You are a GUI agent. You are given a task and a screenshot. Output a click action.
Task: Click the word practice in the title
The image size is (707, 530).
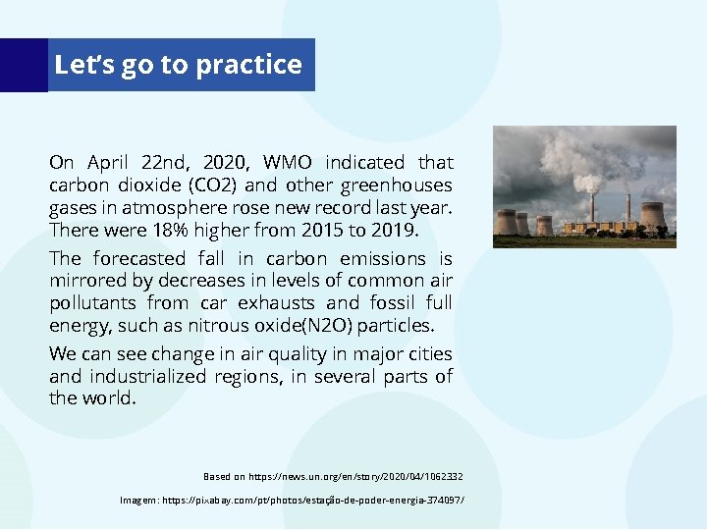tap(248, 65)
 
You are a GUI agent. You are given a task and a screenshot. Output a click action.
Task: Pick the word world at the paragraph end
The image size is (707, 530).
tap(111, 398)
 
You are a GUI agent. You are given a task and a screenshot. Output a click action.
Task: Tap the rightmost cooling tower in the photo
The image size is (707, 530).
tap(652, 216)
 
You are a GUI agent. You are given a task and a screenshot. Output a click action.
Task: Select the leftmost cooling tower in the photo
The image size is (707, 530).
tap(506, 222)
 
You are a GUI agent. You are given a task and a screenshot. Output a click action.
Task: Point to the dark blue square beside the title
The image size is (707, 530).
tap(24, 65)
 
